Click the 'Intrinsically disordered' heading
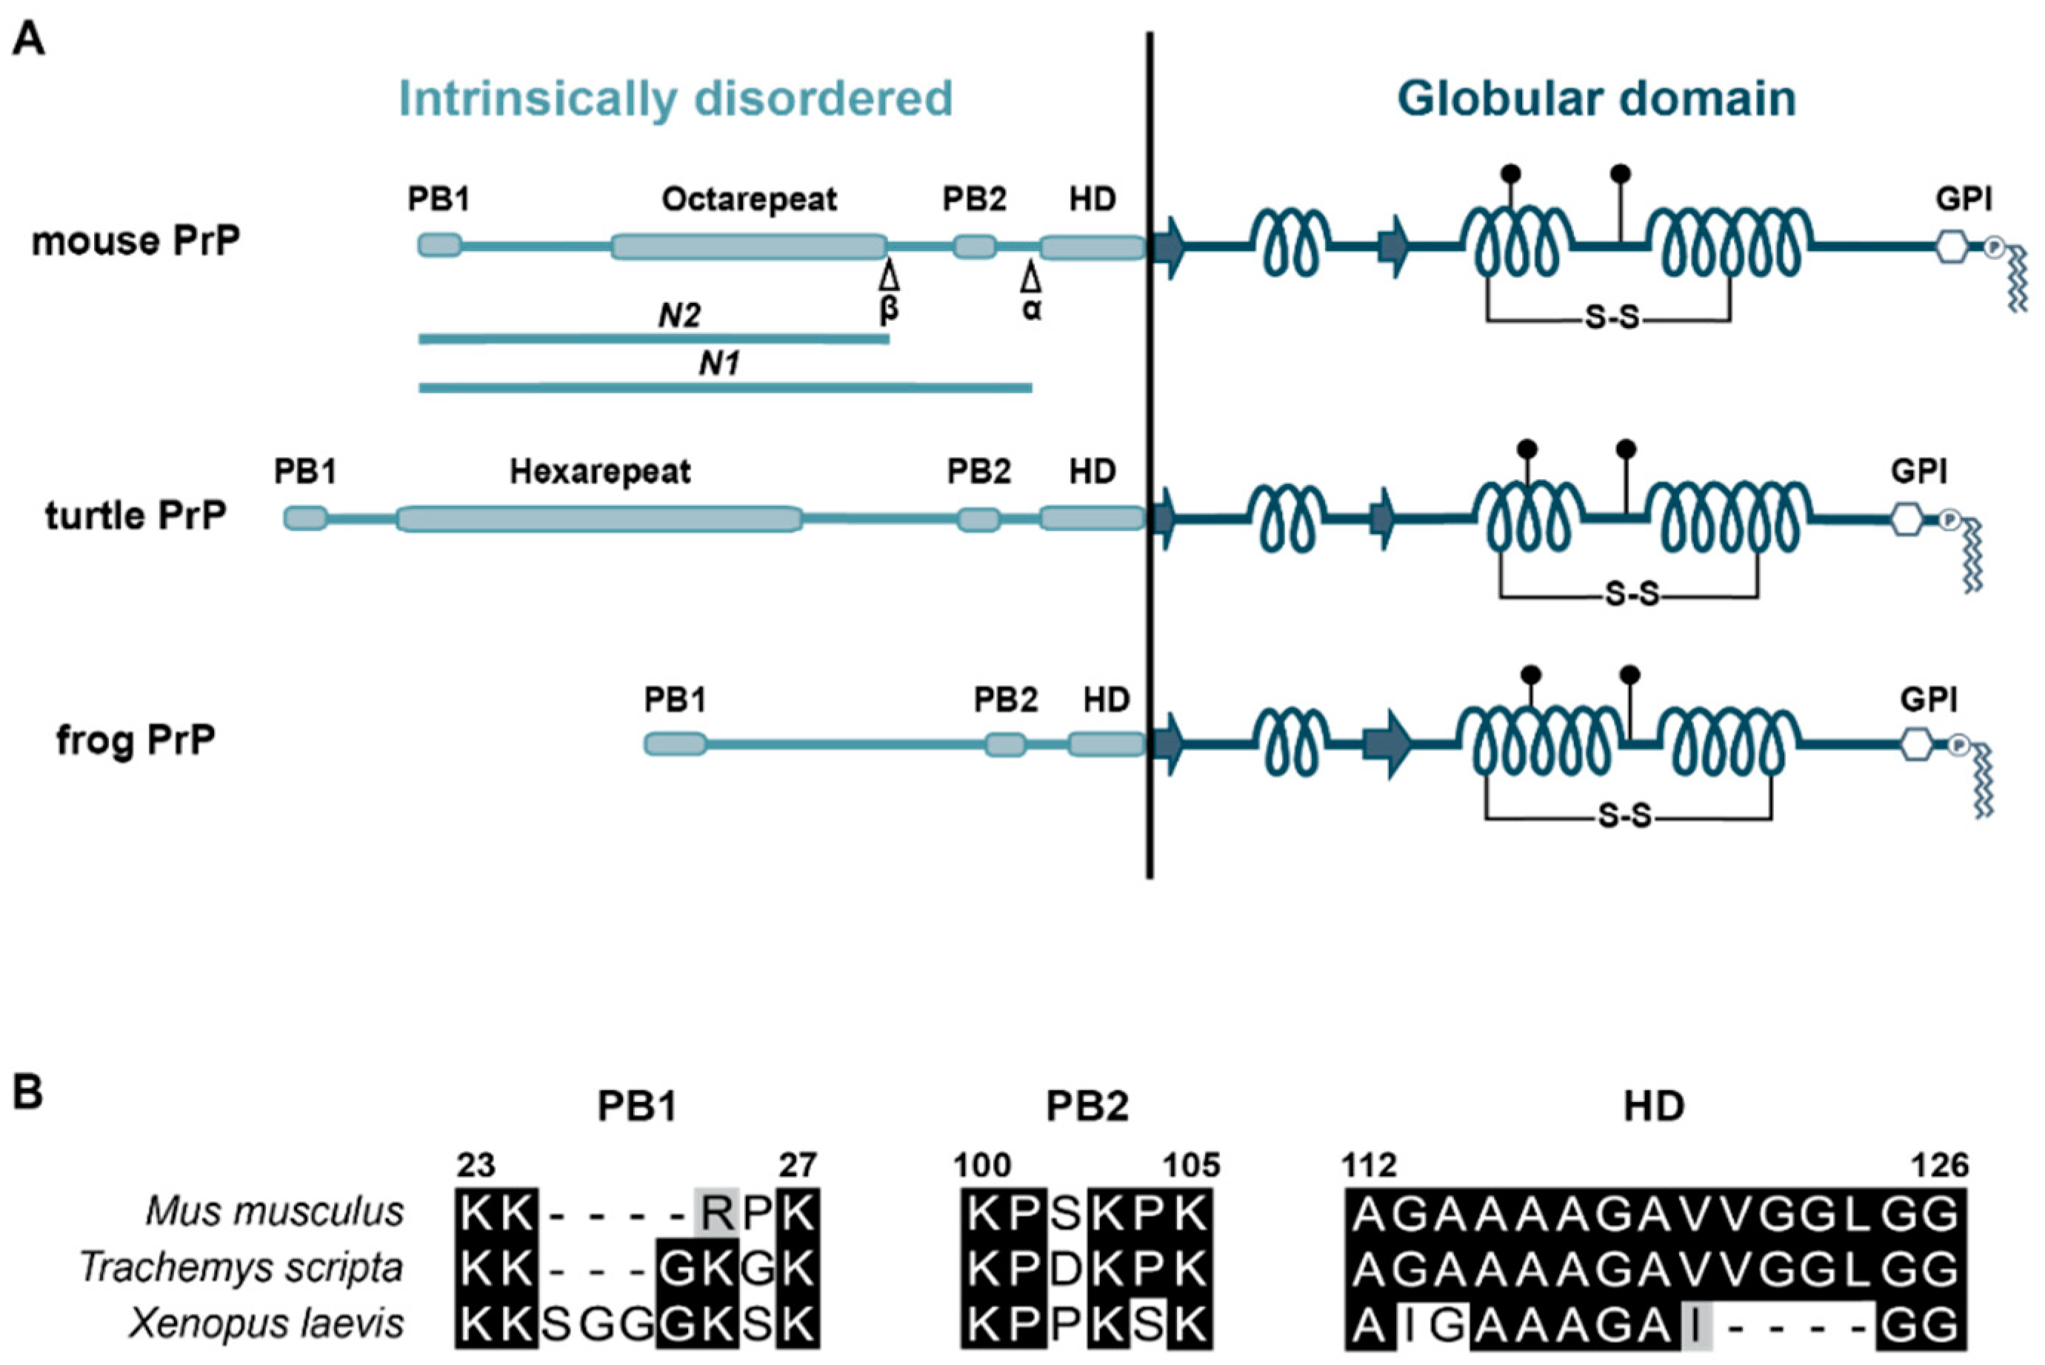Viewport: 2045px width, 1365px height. click(675, 99)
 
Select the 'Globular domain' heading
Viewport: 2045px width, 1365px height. click(1597, 99)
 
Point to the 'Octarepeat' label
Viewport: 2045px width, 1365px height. click(749, 199)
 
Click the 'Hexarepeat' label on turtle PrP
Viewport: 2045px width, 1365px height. click(600, 472)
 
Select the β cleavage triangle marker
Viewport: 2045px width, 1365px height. click(889, 278)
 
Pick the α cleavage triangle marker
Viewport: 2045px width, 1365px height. click(1031, 278)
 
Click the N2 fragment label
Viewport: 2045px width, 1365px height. click(679, 315)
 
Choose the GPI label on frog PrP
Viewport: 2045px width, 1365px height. click(1928, 700)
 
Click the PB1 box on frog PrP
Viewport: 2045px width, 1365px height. click(675, 744)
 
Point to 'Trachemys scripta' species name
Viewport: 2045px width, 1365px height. click(241, 1267)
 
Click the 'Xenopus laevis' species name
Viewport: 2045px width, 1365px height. click(267, 1324)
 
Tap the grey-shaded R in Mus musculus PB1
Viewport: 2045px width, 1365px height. click(716, 1212)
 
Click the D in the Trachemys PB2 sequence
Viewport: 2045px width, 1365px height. click(1066, 1269)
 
